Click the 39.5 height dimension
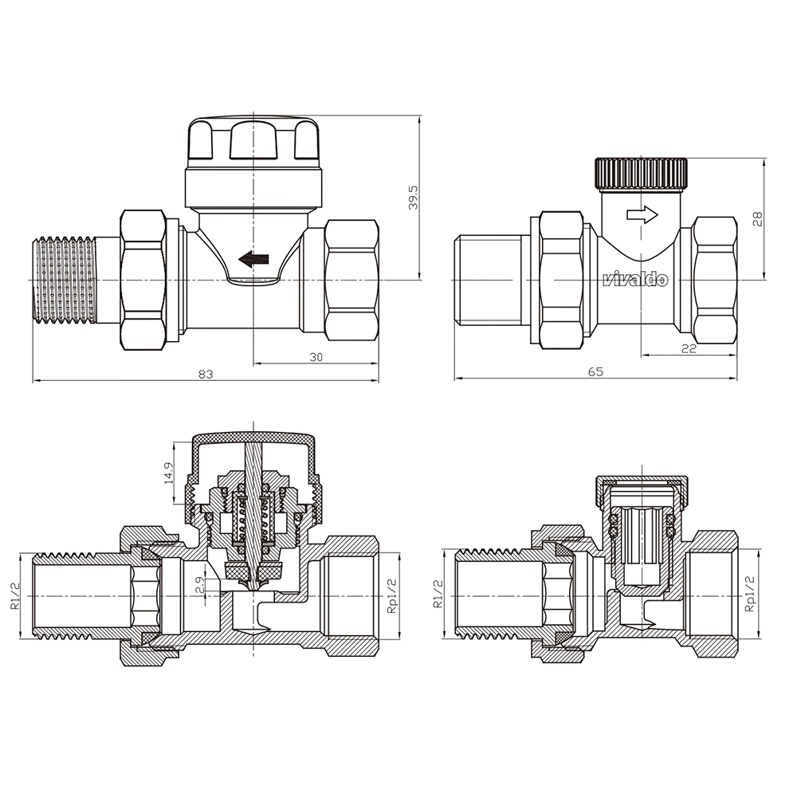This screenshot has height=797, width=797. tap(414, 197)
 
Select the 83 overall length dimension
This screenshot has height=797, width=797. tap(206, 375)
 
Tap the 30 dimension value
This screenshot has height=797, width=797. tap(316, 357)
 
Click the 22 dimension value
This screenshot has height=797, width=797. tap(689, 349)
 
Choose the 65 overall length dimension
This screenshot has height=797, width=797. tap(595, 371)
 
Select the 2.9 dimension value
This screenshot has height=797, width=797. tap(200, 584)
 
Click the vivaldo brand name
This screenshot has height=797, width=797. tap(635, 279)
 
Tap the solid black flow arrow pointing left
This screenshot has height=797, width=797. tap(253, 259)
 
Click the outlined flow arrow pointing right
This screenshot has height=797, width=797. tap(642, 214)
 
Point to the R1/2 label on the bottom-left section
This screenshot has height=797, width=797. tap(16, 595)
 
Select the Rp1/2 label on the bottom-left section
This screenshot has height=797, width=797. tap(391, 596)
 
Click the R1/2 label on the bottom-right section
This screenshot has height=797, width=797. tap(438, 595)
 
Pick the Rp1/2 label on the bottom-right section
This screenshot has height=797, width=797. tap(748, 593)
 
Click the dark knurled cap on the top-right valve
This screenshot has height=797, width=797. tap(642, 175)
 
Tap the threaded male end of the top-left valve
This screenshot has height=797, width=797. tap(65, 280)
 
